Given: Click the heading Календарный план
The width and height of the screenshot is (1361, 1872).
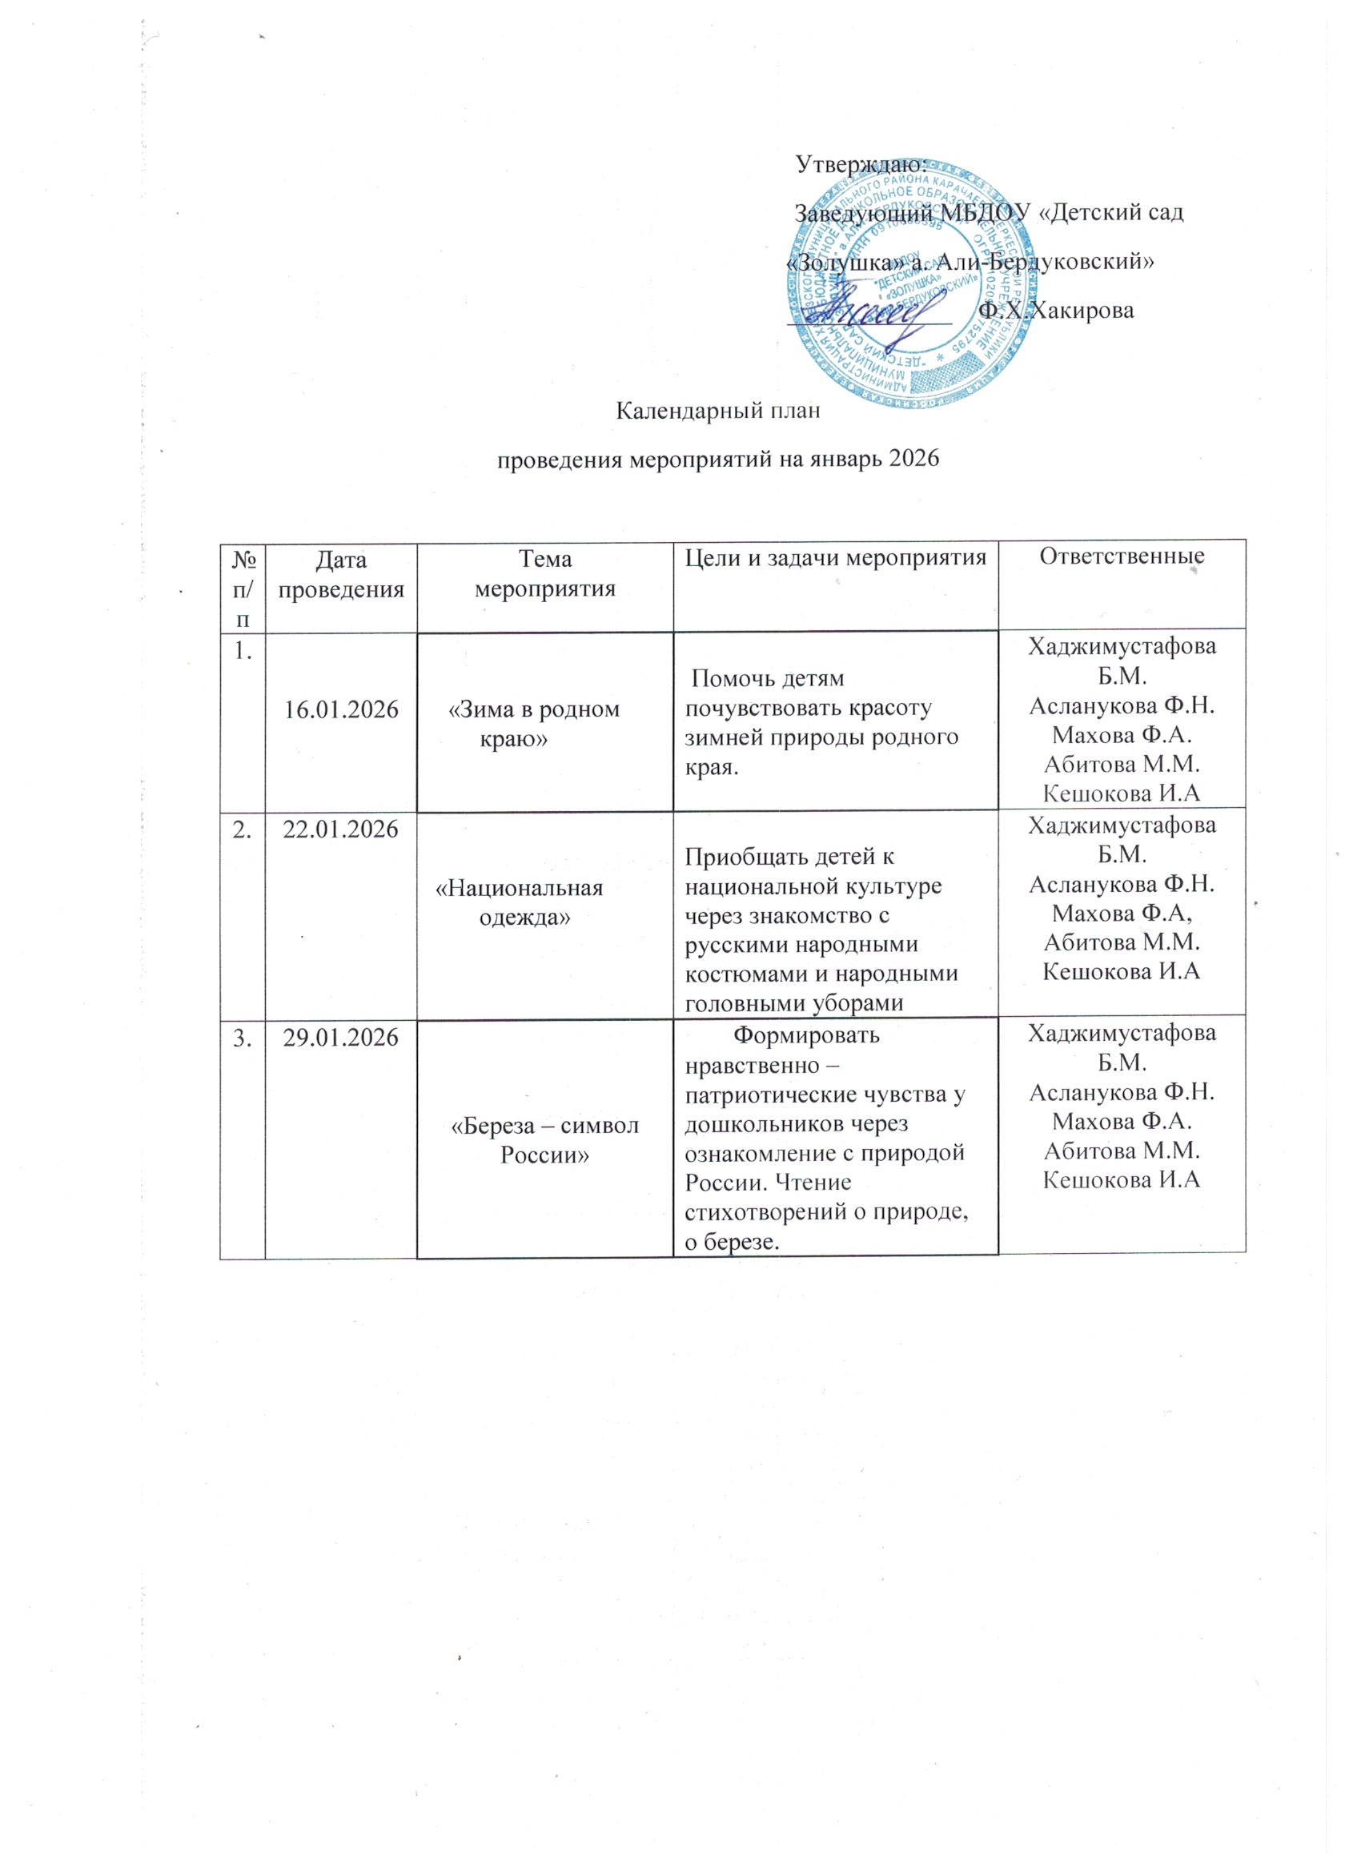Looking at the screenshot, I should [718, 411].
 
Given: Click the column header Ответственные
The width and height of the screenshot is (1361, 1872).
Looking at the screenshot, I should [1121, 556].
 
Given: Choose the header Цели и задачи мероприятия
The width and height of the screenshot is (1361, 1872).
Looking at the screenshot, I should [835, 558].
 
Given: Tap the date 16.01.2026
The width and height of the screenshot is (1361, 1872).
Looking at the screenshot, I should [341, 709].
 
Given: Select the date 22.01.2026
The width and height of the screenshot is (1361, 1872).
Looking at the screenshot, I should [340, 830].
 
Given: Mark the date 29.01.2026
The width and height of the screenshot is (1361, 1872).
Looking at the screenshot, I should [340, 1038].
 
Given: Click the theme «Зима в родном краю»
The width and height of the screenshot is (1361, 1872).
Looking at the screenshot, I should [533, 724].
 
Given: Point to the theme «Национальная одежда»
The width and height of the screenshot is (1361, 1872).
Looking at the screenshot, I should [520, 902].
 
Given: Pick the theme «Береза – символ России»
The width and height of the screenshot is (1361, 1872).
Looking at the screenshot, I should [544, 1141].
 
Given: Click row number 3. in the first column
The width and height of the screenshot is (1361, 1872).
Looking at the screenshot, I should [242, 1038].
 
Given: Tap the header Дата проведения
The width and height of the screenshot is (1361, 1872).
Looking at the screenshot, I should [341, 573].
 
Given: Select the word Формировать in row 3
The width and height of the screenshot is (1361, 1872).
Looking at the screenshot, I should [806, 1034].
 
